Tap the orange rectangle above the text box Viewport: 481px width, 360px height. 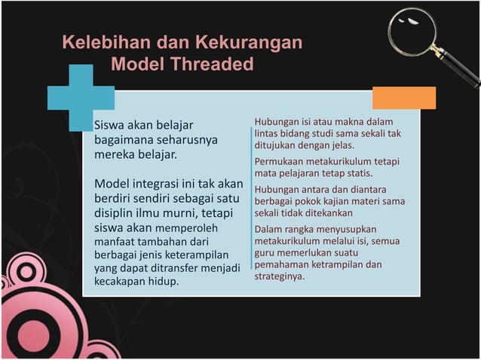click(x=404, y=98)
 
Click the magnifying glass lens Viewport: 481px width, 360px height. click(x=412, y=31)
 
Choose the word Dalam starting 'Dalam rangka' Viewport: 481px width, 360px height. click(x=268, y=228)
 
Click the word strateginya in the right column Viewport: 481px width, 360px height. click(x=279, y=276)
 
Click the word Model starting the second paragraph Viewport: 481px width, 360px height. click(x=111, y=185)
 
